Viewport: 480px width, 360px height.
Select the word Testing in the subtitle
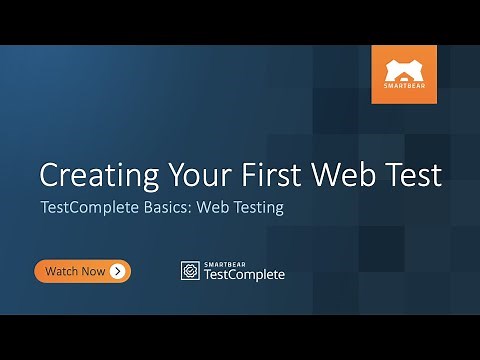[258, 209]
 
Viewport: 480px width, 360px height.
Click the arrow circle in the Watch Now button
[118, 271]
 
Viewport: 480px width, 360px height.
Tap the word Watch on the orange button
[63, 271]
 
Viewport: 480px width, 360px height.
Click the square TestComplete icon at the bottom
[189, 271]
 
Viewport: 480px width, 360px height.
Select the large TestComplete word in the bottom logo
[243, 275]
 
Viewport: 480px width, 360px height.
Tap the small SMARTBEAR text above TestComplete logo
[223, 263]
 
